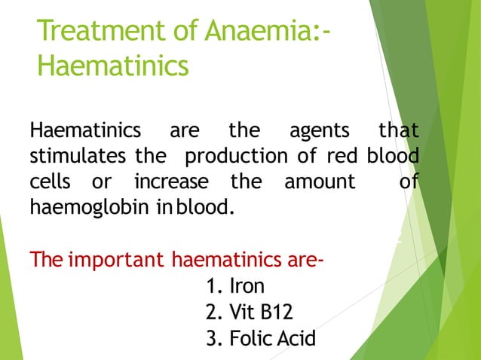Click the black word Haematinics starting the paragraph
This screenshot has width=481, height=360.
tap(85, 132)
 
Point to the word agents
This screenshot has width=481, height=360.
tap(320, 132)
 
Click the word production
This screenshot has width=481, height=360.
tap(232, 157)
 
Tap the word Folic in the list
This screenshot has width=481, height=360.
tap(252, 339)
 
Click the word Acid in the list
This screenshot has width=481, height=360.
tap(298, 339)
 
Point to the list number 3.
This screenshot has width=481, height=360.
tap(212, 339)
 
